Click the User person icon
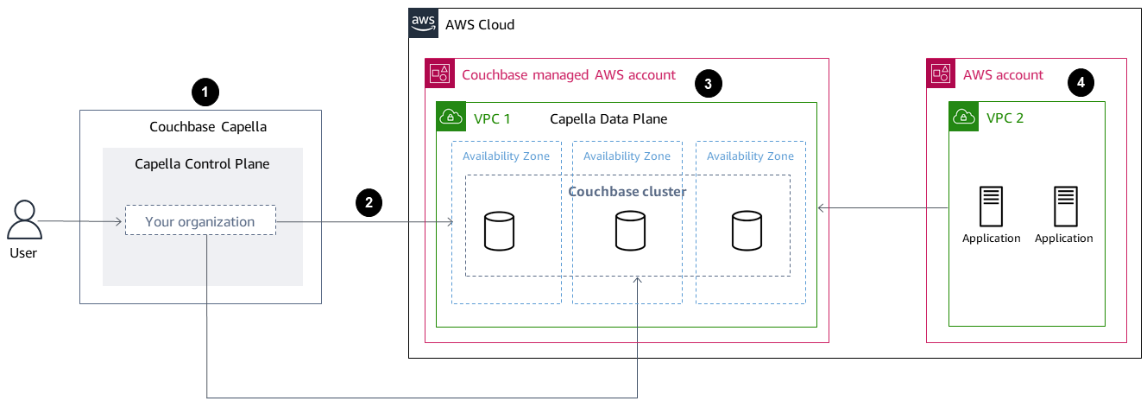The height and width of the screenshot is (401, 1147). [x=25, y=220]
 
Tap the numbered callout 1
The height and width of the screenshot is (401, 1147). [x=205, y=91]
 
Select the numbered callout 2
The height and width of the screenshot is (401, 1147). [x=369, y=203]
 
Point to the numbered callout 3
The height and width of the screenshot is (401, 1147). [x=708, y=83]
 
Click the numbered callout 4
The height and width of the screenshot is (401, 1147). [x=1080, y=83]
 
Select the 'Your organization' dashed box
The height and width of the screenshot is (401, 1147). [x=199, y=221]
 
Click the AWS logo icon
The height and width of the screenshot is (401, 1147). [x=423, y=23]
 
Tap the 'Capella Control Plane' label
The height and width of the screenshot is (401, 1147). [x=202, y=163]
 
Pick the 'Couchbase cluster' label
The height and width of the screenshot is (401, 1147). [x=627, y=191]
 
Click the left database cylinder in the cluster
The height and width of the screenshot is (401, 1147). [x=499, y=231]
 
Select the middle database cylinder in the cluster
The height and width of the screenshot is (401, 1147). [x=629, y=231]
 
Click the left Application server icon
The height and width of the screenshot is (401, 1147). [x=991, y=207]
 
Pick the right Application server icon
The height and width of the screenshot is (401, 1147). [x=1064, y=207]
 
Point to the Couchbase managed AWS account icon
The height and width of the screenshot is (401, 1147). [x=440, y=73]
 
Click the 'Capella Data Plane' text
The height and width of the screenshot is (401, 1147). [x=608, y=118]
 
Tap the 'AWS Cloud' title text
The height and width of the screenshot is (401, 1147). [x=480, y=24]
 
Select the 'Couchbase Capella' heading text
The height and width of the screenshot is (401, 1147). [x=208, y=126]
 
